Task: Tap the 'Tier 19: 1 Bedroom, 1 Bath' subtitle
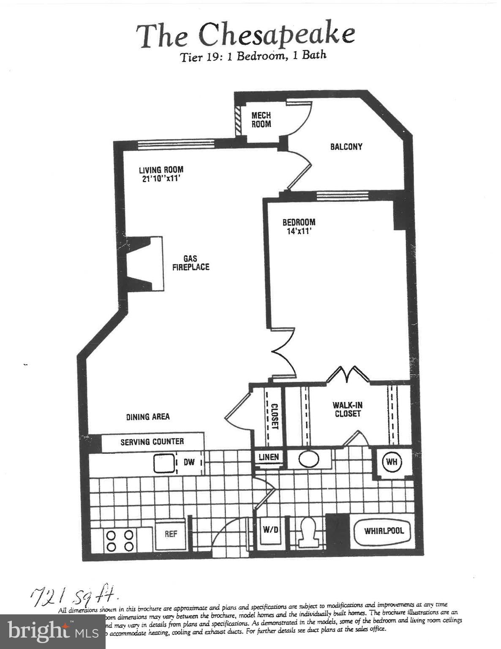[253, 56]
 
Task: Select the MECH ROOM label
[261, 120]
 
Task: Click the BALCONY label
[346, 147]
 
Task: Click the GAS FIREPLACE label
[190, 263]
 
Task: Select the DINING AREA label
[148, 417]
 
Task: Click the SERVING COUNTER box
[152, 442]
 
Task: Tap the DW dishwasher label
[189, 462]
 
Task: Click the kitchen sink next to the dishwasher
[164, 463]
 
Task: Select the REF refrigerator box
[171, 534]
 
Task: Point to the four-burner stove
[120, 541]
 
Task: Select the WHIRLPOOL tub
[384, 530]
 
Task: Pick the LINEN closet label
[269, 457]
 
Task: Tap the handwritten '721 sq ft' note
[74, 597]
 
